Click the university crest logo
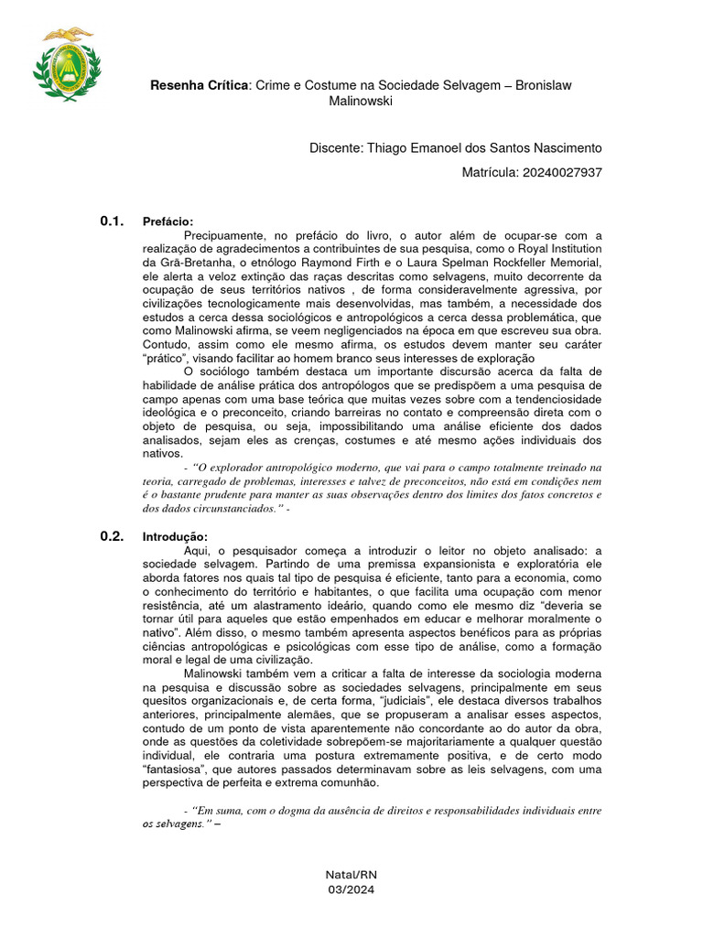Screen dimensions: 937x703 point(66,65)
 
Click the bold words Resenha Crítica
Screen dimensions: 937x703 point(200,85)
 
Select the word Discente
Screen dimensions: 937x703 point(336,148)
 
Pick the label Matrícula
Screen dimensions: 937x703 point(491,172)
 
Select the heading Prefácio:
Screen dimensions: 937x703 point(168,222)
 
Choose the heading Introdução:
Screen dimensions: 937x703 point(176,537)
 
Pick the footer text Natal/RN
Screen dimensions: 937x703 point(351,876)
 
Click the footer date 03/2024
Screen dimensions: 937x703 point(351,889)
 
